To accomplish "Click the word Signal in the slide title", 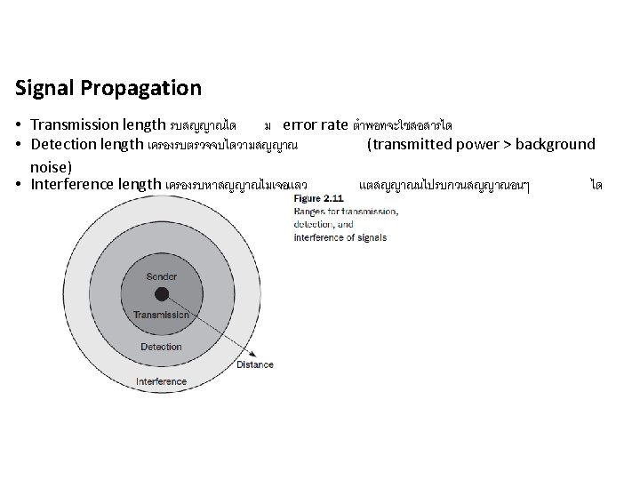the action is click(x=43, y=89).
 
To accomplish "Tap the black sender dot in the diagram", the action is click(x=161, y=295).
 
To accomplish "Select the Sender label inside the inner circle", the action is click(x=161, y=276).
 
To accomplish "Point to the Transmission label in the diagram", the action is click(x=161, y=315).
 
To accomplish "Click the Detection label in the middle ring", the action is click(x=161, y=347).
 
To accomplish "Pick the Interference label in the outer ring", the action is click(x=161, y=381).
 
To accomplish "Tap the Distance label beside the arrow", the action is click(x=255, y=364).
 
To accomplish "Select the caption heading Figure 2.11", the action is click(x=317, y=198).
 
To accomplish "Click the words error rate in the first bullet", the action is click(x=315, y=124).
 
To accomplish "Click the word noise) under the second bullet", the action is click(x=51, y=165).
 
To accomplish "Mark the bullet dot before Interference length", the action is click(x=19, y=185).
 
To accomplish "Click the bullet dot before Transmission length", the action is click(x=19, y=124).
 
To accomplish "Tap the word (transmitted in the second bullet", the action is click(x=406, y=144).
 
